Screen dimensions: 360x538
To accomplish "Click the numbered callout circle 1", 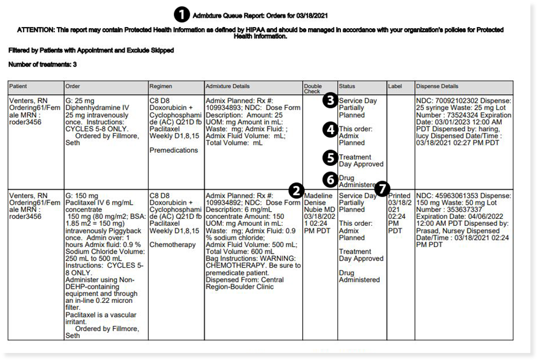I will (x=181, y=13).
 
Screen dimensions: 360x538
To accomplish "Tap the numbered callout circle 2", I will (x=296, y=190).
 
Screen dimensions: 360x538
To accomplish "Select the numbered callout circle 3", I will (x=331, y=101).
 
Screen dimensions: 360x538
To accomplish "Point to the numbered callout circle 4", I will (x=331, y=129).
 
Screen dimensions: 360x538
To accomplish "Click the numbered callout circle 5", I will (x=331, y=157).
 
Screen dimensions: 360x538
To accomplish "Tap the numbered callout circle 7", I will (x=382, y=189).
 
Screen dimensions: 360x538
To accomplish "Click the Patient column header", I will (x=18, y=86).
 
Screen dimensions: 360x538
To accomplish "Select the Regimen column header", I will (x=161, y=86).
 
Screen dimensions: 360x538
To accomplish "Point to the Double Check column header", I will (x=313, y=89).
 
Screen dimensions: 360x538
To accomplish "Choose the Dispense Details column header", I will (x=437, y=86).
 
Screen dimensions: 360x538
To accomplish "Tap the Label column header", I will (x=395, y=86).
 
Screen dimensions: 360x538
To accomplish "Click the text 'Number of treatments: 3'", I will (x=43, y=64).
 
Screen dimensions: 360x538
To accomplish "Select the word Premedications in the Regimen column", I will (x=174, y=150).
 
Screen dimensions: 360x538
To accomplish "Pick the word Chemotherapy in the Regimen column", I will (x=173, y=245).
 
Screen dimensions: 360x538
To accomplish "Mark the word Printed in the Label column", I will (x=400, y=195).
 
